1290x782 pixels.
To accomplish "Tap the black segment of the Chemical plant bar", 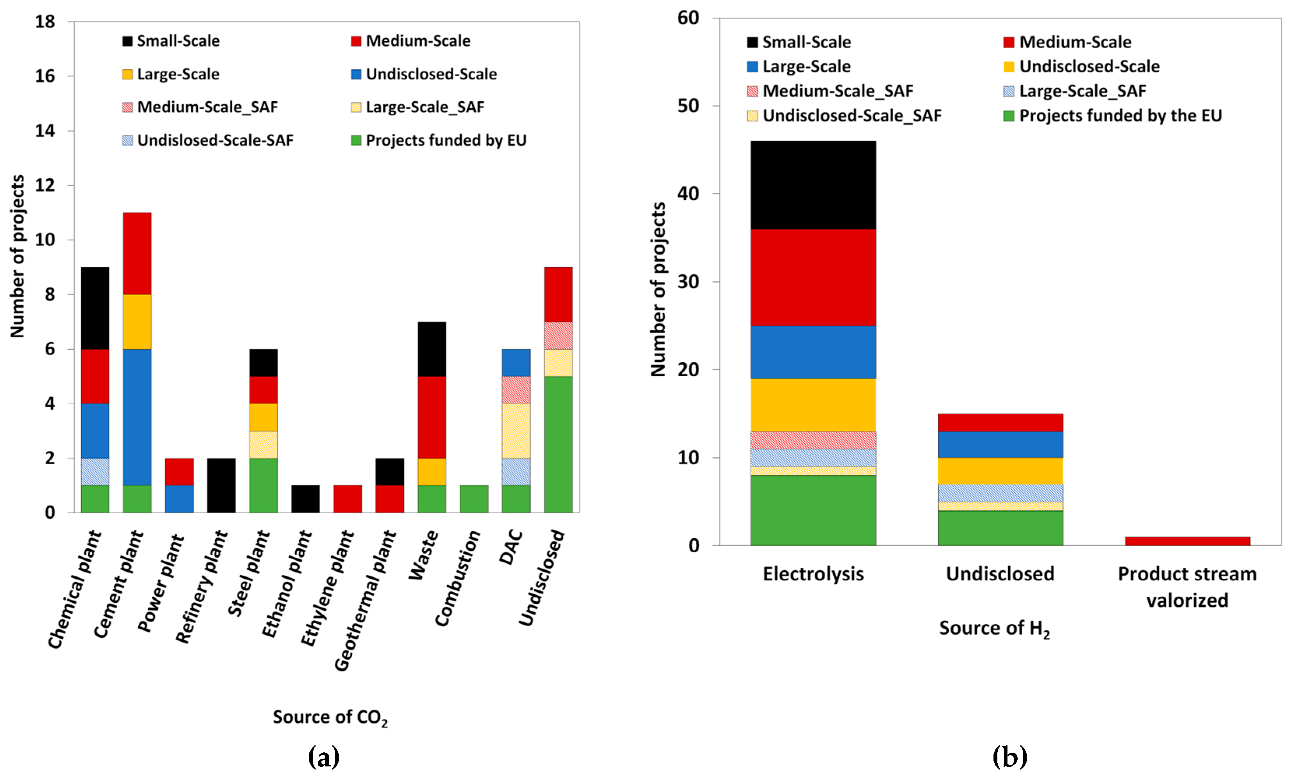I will pyautogui.click(x=95, y=308).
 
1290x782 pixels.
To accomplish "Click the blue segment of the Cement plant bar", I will pyautogui.click(x=137, y=417).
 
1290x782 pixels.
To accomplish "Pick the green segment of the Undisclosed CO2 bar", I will pyautogui.click(x=558, y=444).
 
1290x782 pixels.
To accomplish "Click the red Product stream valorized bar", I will pyautogui.click(x=1187, y=541).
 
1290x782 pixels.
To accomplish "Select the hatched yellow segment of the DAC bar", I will pyautogui.click(x=516, y=431).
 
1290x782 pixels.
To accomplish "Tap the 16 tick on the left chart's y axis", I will pyautogui.click(x=45, y=76).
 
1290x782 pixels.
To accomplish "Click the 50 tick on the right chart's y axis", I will pyautogui.click(x=688, y=106).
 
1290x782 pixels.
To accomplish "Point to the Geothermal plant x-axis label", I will pyautogui.click(x=365, y=600).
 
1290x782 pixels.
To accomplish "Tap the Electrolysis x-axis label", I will pyautogui.click(x=813, y=574).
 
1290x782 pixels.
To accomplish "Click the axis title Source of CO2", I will pyautogui.click(x=330, y=717).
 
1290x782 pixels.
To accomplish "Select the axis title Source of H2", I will pyautogui.click(x=994, y=628).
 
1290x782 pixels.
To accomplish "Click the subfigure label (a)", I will pyautogui.click(x=323, y=757).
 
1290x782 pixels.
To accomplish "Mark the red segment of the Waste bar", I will pyautogui.click(x=432, y=417).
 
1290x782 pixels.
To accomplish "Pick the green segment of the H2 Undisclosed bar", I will pyautogui.click(x=1000, y=528).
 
